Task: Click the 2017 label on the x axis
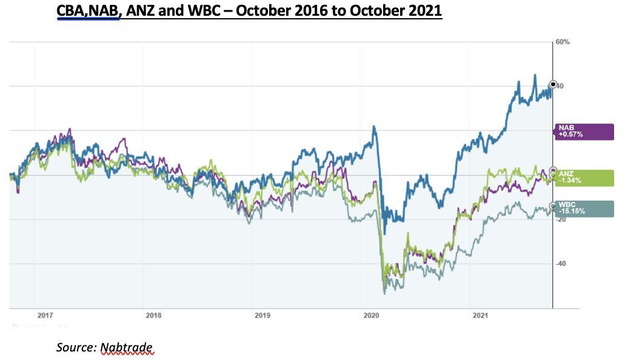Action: click(x=45, y=315)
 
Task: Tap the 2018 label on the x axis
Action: click(x=154, y=315)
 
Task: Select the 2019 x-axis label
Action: click(x=262, y=315)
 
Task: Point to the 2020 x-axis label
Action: click(x=371, y=315)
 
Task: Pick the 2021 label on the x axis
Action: click(x=480, y=315)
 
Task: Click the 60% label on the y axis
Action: click(x=562, y=42)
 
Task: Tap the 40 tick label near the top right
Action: click(x=561, y=86)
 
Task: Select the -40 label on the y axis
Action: click(x=562, y=264)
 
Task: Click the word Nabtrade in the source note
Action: click(x=127, y=347)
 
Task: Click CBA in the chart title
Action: click(x=72, y=11)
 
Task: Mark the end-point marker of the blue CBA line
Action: click(x=552, y=84)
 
